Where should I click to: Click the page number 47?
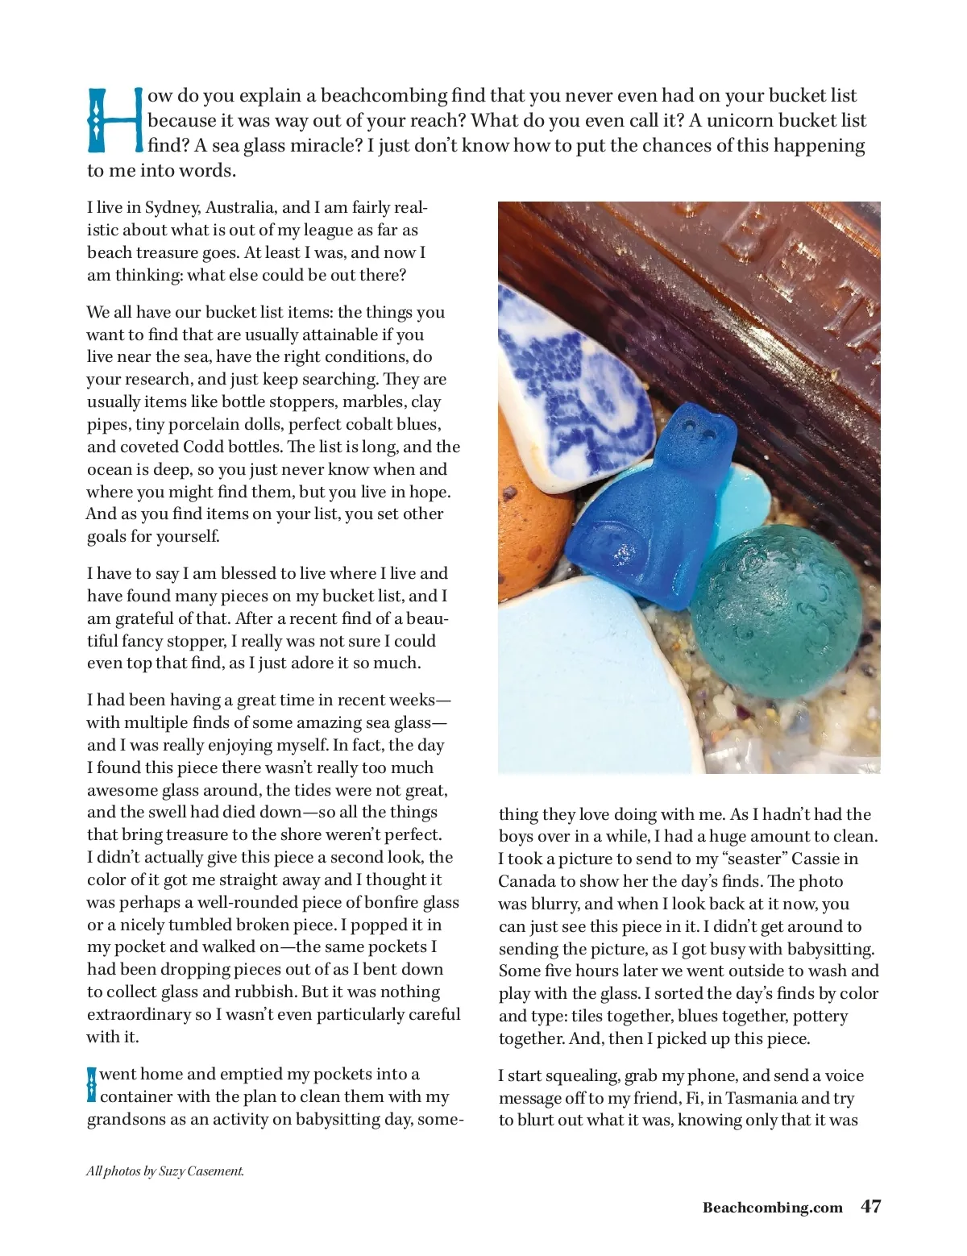871,1206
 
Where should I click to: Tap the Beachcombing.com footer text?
772,1208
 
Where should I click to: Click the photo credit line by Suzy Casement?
165,1171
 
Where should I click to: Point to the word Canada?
528,882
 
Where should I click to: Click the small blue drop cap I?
92,1085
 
